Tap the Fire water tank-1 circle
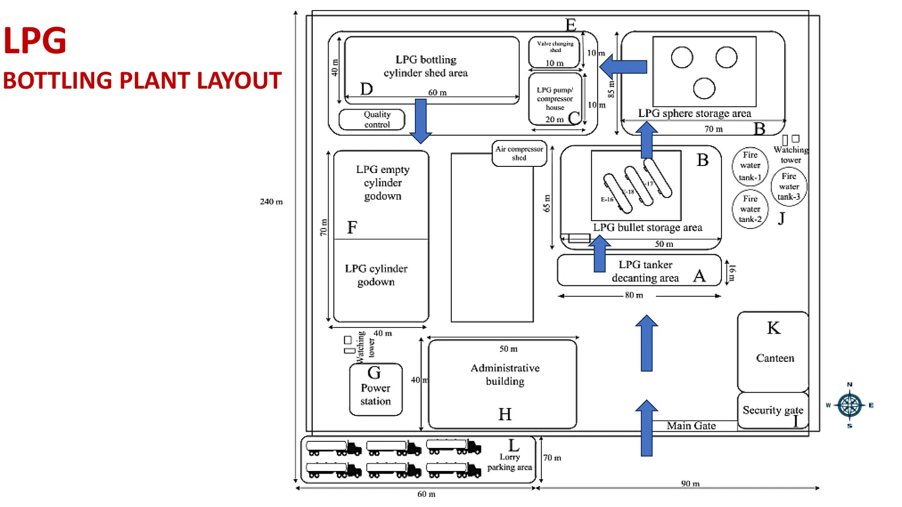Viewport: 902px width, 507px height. (750, 166)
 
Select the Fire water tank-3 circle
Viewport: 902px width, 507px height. (789, 187)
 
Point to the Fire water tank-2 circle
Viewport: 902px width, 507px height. (750, 209)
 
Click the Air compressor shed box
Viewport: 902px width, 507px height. (519, 154)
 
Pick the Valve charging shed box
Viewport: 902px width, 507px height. (555, 52)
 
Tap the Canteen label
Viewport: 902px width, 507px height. (775, 358)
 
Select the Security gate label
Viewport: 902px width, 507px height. (773, 410)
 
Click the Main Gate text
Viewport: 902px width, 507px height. (691, 426)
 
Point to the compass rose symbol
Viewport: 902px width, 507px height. (850, 405)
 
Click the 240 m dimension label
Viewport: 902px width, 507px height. (271, 202)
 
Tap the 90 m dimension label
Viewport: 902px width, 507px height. (690, 483)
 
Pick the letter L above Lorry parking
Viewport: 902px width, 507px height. (514, 445)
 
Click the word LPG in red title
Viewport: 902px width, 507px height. (35, 41)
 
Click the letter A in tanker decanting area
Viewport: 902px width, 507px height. (699, 276)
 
